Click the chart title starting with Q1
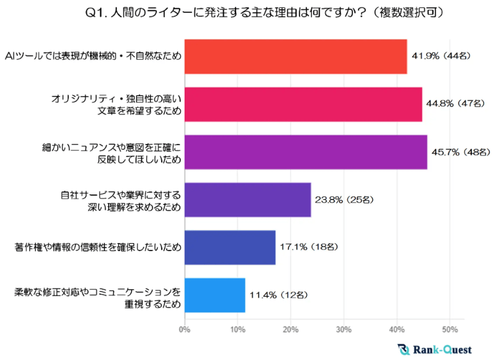(x=246, y=12)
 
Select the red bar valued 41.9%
(x=296, y=57)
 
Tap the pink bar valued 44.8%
(x=303, y=105)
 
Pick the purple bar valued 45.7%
(x=306, y=152)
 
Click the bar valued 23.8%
(x=248, y=200)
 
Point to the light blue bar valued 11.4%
(x=215, y=295)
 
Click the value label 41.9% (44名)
(x=442, y=57)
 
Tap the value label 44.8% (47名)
(x=457, y=105)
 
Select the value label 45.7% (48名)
(x=461, y=152)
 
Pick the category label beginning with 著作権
(x=98, y=247)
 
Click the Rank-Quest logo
(x=435, y=349)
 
